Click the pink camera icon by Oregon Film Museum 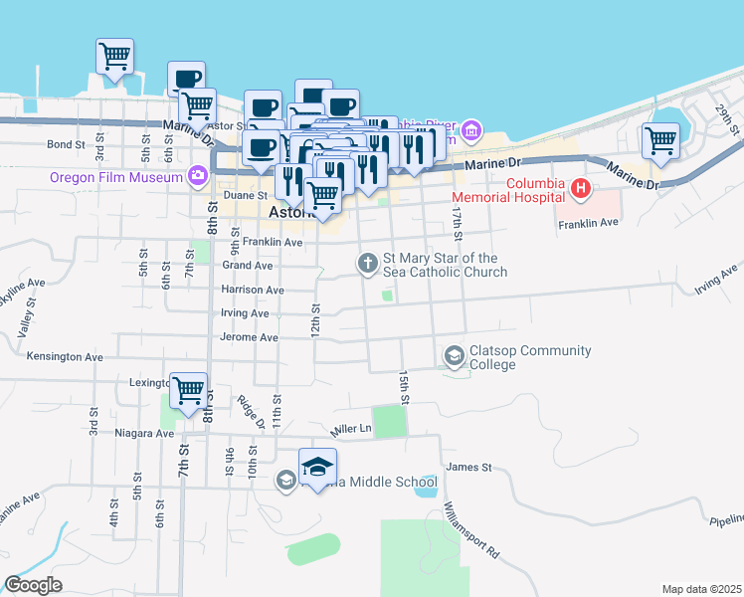[x=197, y=177]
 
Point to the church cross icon [x=367, y=264]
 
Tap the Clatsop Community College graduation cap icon [x=454, y=355]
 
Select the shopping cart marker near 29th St [x=660, y=141]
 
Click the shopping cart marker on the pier [x=114, y=57]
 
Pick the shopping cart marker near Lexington [x=188, y=391]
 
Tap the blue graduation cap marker [x=317, y=468]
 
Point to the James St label [x=469, y=467]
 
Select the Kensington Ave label [x=65, y=356]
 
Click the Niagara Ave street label [x=143, y=433]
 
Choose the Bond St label [x=66, y=144]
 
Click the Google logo [x=33, y=585]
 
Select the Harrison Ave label [x=253, y=290]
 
